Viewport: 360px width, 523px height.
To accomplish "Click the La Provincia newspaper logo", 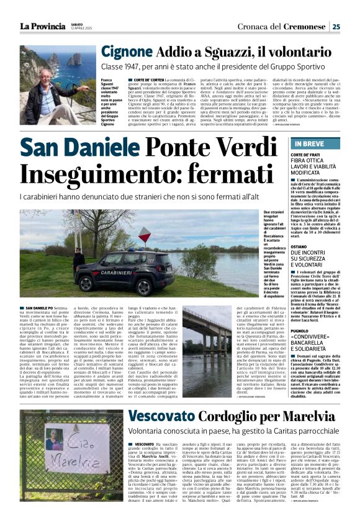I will (42, 26).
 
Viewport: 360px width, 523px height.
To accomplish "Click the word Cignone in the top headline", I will (127, 52).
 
